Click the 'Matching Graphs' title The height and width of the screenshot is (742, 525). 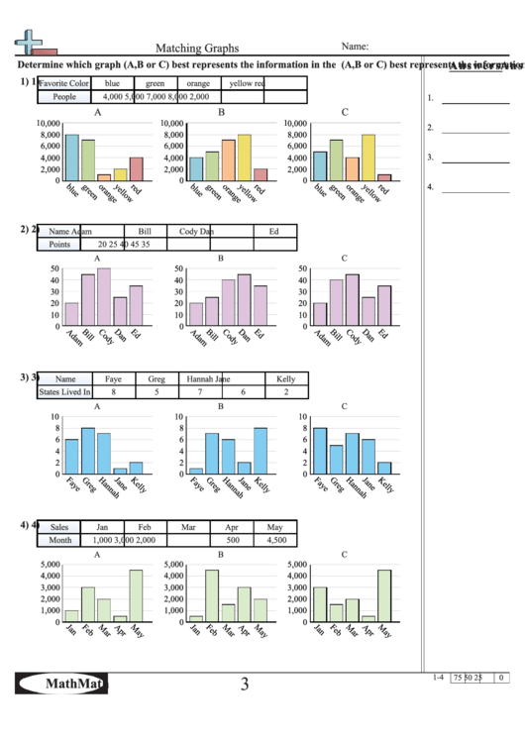click(x=196, y=47)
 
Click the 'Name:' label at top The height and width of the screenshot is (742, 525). click(x=356, y=46)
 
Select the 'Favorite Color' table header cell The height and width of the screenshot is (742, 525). click(x=63, y=83)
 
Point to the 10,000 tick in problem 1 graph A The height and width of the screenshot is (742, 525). click(x=48, y=123)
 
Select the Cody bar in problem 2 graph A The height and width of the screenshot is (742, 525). click(x=104, y=297)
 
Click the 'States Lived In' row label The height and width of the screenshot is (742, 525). click(x=64, y=392)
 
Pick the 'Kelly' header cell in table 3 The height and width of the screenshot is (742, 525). click(x=286, y=378)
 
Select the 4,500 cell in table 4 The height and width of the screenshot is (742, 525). click(x=276, y=540)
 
